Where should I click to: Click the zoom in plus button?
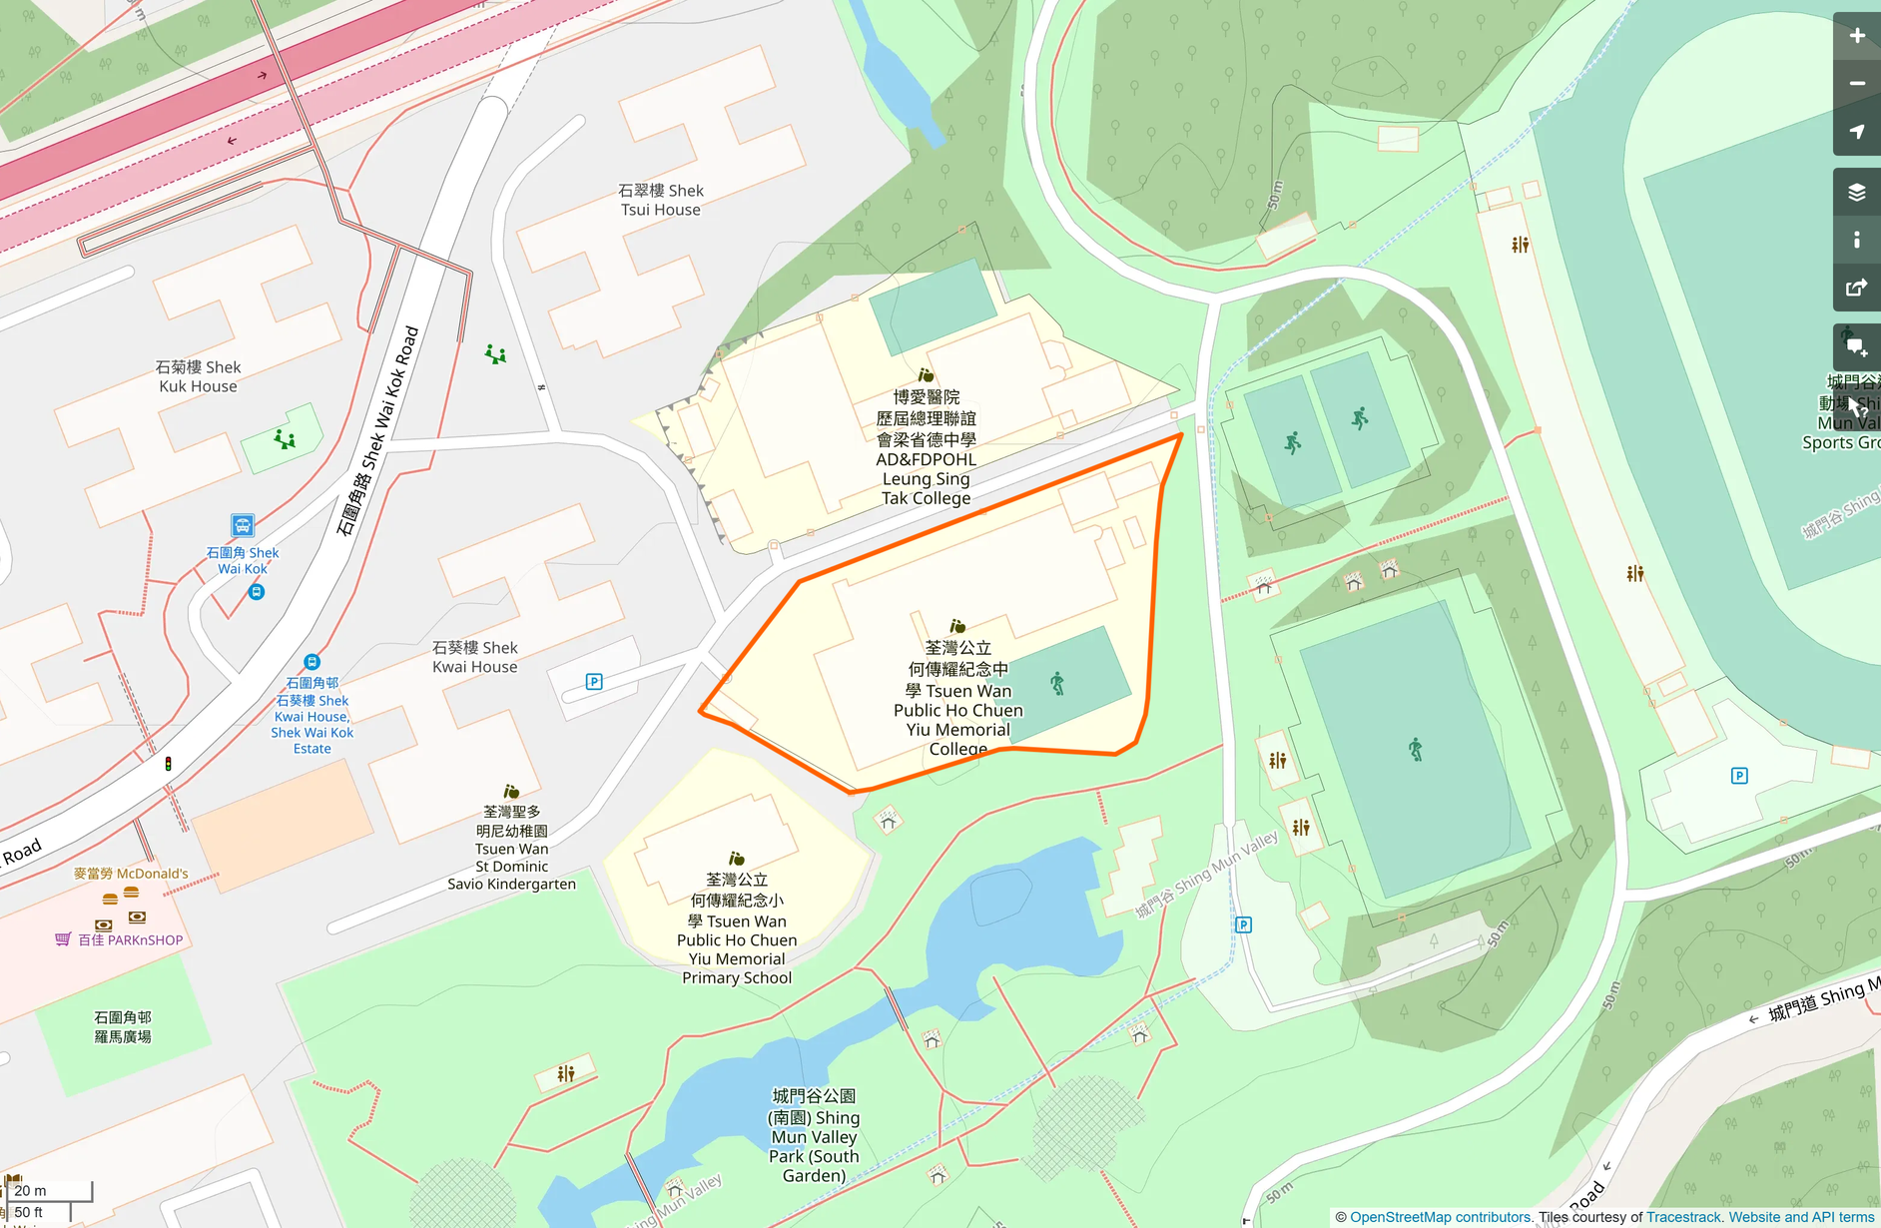(1856, 36)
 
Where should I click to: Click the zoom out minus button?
(1856, 84)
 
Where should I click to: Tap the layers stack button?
(1856, 192)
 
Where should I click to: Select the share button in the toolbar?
(1856, 288)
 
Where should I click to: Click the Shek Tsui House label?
(660, 200)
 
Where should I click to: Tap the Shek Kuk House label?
(198, 376)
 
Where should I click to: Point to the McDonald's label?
(131, 874)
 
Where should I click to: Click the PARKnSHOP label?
(130, 939)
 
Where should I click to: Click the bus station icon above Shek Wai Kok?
(243, 525)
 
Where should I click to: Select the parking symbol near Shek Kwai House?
(594, 682)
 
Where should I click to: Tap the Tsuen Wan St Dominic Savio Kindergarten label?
(511, 848)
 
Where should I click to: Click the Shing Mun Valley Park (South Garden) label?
(814, 1136)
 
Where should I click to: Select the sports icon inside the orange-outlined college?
(1057, 684)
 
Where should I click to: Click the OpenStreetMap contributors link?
(1440, 1217)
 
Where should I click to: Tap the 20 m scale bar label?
(31, 1190)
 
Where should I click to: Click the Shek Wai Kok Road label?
(377, 430)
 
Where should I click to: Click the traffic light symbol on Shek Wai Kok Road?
(168, 764)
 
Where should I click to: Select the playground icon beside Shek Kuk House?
(285, 438)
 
